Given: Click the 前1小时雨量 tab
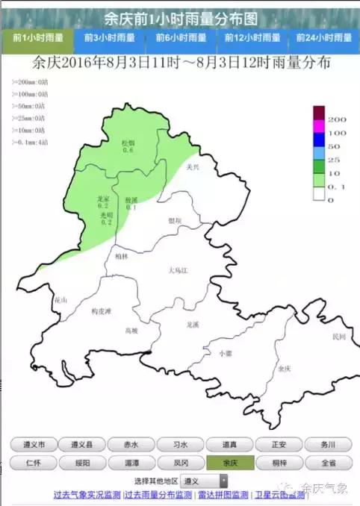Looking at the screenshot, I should pyautogui.click(x=38, y=37).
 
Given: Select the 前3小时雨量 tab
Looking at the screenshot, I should pyautogui.click(x=110, y=37).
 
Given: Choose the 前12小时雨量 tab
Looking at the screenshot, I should pyautogui.click(x=252, y=37).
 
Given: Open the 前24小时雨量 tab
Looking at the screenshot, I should pyautogui.click(x=323, y=37).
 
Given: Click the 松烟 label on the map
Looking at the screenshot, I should pyautogui.click(x=128, y=143).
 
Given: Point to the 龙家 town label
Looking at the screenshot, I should pyautogui.click(x=104, y=199).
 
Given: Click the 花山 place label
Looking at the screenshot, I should pyautogui.click(x=60, y=300).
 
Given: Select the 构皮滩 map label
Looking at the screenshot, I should pyautogui.click(x=100, y=310).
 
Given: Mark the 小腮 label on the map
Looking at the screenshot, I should pyautogui.click(x=224, y=353).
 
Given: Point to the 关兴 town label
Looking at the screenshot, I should pyautogui.click(x=193, y=168).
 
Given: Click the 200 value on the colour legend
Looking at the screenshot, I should pyautogui.click(x=337, y=119).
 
